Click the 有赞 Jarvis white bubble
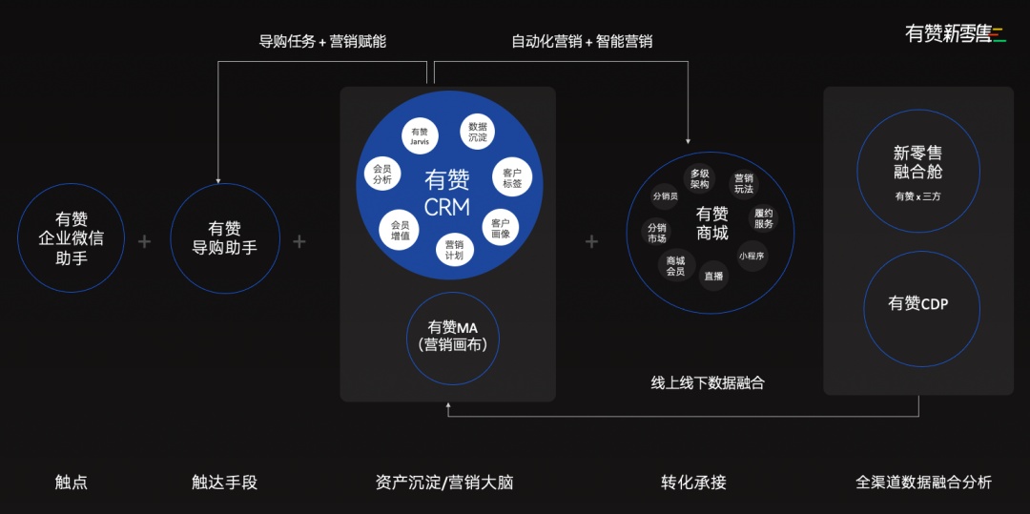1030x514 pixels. pos(420,135)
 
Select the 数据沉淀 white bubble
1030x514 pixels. pos(478,132)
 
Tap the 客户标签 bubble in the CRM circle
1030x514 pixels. pos(512,178)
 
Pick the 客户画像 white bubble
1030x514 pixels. pos(501,228)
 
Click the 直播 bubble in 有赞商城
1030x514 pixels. pos(714,277)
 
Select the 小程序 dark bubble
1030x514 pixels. pos(752,256)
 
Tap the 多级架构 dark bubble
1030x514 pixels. pos(700,179)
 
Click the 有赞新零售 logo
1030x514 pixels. pos(955,33)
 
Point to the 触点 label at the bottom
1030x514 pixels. pos(71,483)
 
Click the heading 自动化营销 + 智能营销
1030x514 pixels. pos(582,42)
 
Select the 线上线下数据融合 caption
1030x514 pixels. pos(708,383)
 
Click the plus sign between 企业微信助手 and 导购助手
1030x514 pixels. pos(145,241)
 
